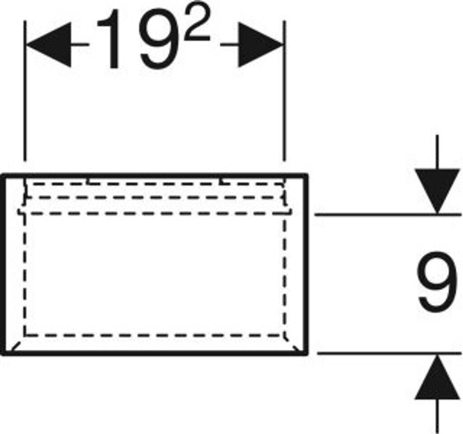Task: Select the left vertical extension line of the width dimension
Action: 25,90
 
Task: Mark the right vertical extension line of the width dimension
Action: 285,90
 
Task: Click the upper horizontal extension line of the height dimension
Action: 384,214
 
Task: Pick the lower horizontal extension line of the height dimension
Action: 384,353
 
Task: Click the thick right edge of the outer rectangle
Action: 307,262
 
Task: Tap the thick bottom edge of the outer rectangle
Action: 154,353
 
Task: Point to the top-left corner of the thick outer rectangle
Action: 4,175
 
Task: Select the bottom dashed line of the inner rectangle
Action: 154,335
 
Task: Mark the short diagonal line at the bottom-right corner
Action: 295,346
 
